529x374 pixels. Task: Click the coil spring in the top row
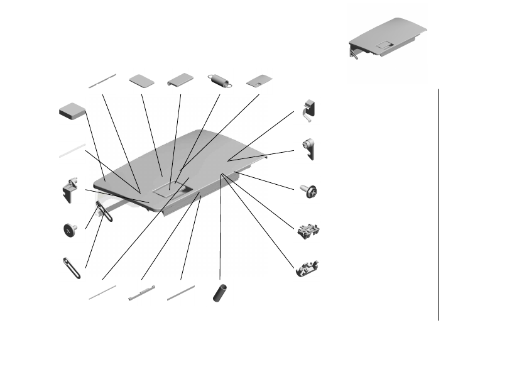[x=220, y=80]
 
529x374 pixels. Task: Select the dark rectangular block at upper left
[x=72, y=111]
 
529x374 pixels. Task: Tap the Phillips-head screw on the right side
[x=309, y=190]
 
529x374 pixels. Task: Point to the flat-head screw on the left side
[x=69, y=231]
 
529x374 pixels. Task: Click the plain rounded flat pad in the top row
[x=143, y=80]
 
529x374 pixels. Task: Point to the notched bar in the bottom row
[x=141, y=293]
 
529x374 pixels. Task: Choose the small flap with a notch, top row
[x=259, y=80]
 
